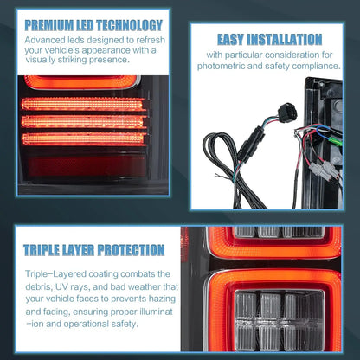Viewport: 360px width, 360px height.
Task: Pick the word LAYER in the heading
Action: (x=90, y=250)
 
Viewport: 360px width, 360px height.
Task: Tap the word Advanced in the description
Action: (x=44, y=40)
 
